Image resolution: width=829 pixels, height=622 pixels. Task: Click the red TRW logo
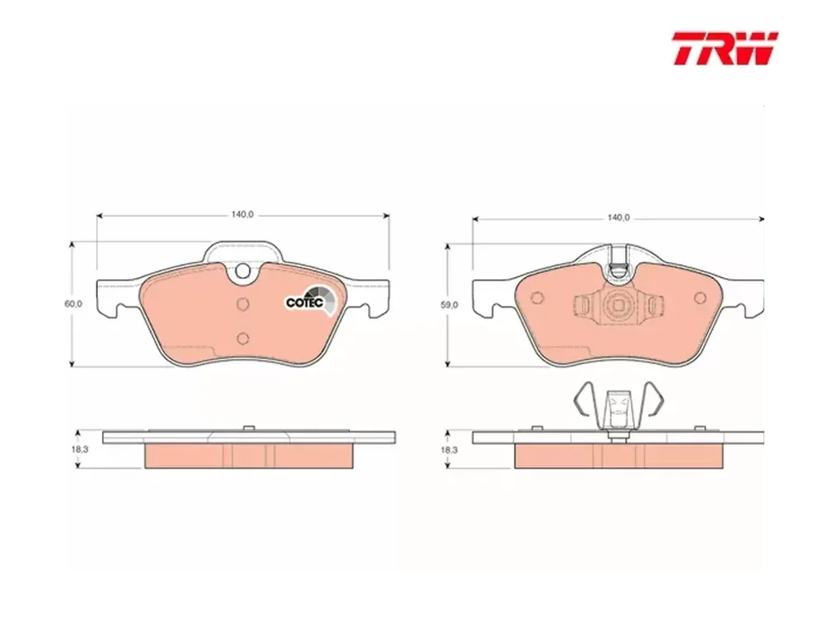pyautogui.click(x=725, y=48)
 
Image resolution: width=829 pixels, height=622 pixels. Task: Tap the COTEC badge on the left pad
pyautogui.click(x=310, y=300)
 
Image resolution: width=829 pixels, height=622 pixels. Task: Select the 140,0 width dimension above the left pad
pyautogui.click(x=243, y=214)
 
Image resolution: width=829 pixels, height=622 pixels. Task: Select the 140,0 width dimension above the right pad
pyautogui.click(x=618, y=217)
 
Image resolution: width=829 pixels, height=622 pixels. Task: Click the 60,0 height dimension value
pyautogui.click(x=73, y=304)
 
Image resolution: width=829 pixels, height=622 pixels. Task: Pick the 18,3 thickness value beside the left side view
pyautogui.click(x=80, y=449)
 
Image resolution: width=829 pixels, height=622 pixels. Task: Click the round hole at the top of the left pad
pyautogui.click(x=243, y=271)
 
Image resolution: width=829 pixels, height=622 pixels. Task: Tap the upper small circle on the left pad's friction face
pyautogui.click(x=243, y=304)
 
